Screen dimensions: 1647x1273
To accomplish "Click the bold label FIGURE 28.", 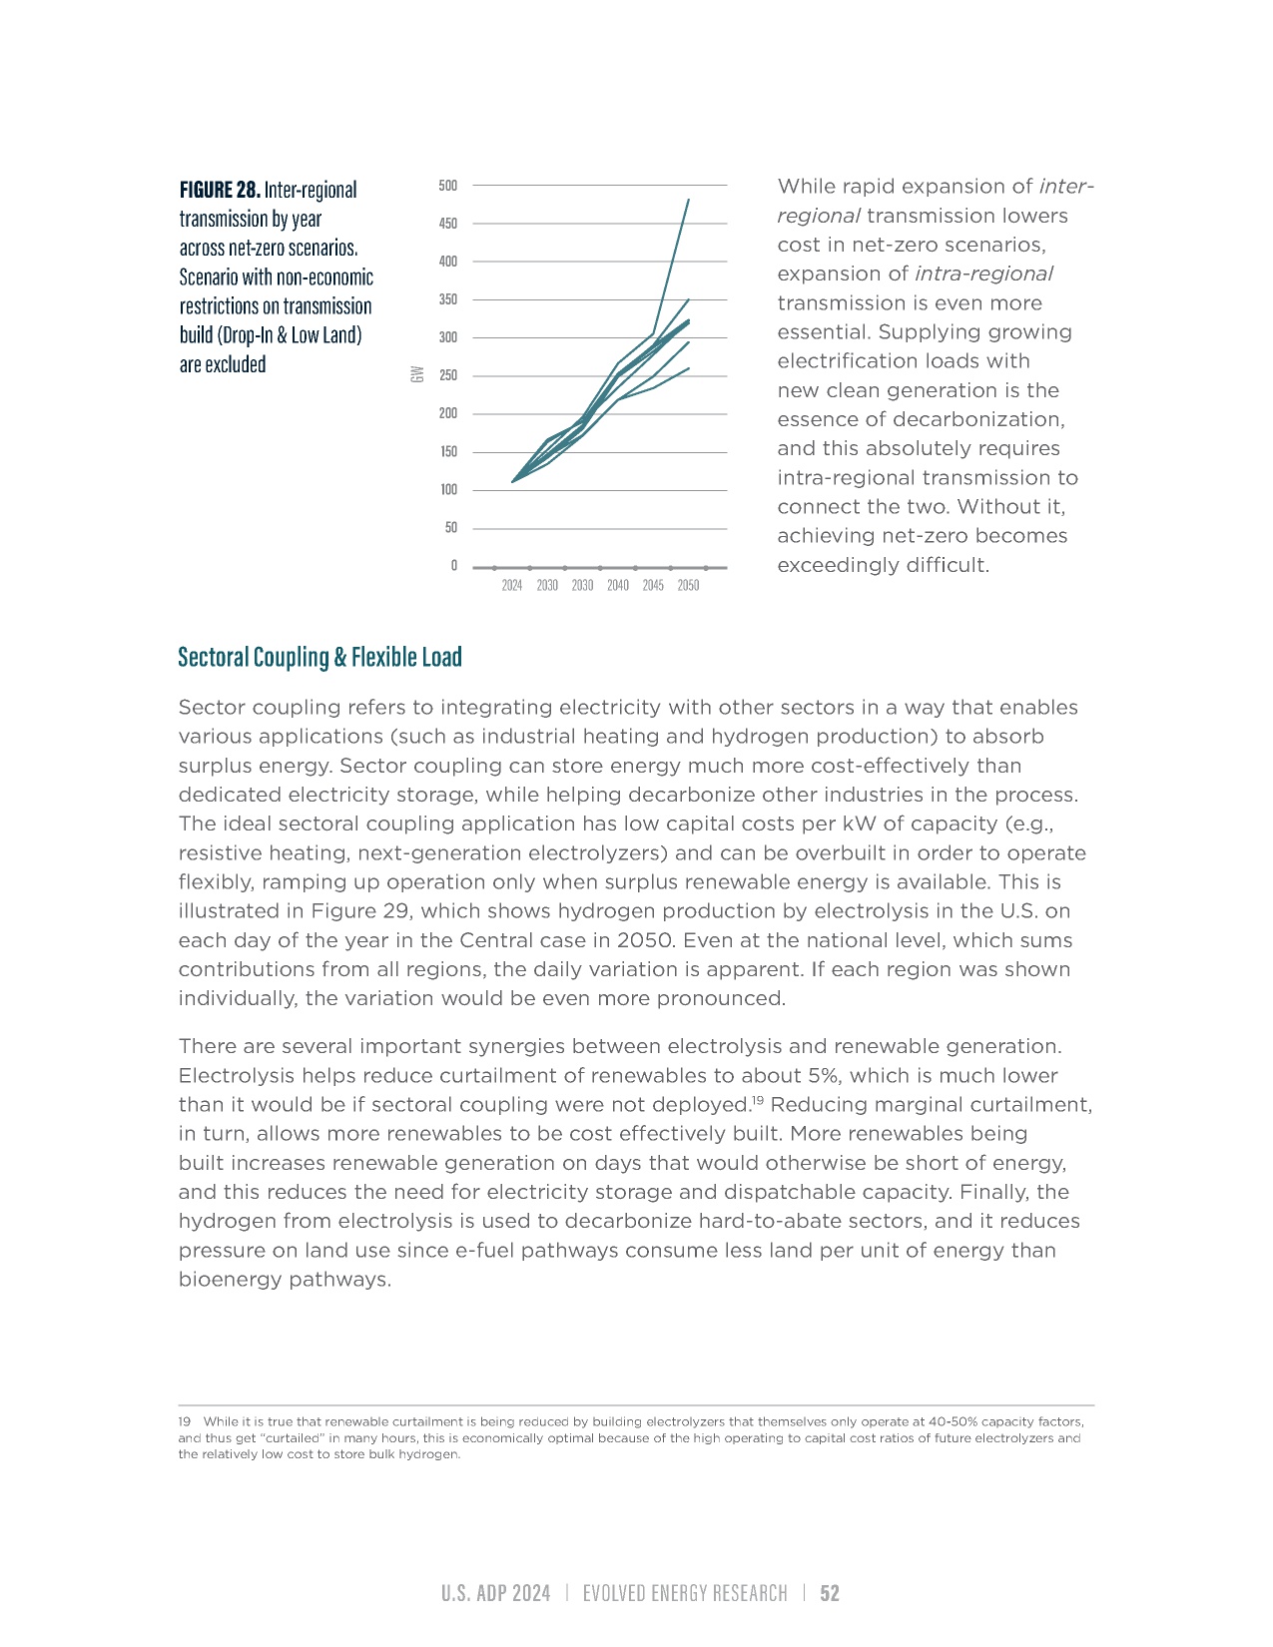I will click(220, 190).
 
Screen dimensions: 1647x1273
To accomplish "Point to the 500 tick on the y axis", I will click(447, 186).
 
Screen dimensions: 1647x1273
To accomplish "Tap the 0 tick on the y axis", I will click(453, 566).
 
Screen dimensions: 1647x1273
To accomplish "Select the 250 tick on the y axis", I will click(447, 376).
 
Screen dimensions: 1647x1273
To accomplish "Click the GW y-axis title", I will click(417, 374).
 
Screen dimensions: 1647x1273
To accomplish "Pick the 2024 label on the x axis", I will click(512, 586).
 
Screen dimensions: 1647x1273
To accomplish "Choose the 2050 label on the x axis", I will click(688, 586).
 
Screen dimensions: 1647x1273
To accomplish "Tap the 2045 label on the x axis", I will click(653, 586).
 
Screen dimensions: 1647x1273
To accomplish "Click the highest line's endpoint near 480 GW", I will click(688, 201).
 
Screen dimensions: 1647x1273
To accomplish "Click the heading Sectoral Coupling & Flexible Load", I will click(319, 657).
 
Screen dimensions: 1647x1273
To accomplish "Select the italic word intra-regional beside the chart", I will click(983, 274).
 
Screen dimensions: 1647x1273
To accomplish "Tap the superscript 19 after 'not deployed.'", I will click(758, 1100).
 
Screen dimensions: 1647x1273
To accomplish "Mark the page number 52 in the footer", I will click(830, 1594).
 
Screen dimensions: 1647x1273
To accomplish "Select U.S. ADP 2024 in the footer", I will click(496, 1594).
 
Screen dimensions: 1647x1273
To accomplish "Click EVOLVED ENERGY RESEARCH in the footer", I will click(685, 1594).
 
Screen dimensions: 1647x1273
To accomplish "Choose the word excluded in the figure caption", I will click(239, 365).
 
